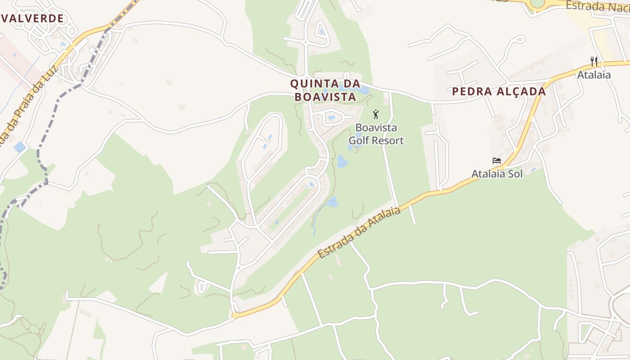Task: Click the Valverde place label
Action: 32,18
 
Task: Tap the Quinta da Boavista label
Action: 325,90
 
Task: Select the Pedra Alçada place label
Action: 499,92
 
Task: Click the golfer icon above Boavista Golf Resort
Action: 376,114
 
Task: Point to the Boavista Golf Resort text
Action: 376,134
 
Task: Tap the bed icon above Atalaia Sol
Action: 497,161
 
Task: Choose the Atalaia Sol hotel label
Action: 497,174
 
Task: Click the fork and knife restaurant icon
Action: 594,62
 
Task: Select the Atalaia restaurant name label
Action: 594,75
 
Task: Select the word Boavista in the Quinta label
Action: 325,97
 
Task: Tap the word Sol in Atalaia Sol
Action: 514,174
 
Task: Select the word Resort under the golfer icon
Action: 389,140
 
